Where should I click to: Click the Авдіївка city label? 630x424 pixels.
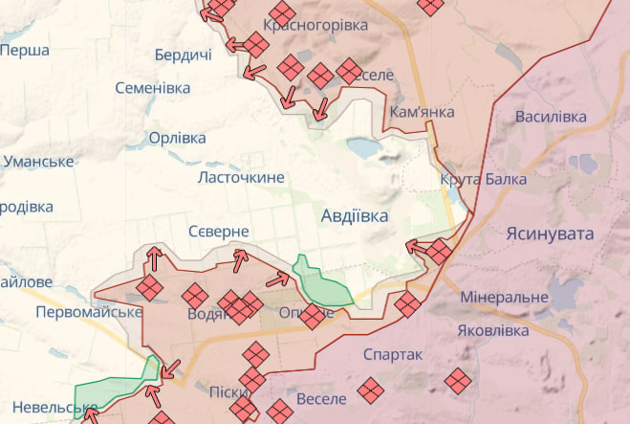tap(355, 216)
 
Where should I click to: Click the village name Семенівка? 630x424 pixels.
tap(152, 88)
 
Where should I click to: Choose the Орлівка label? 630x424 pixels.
tap(177, 138)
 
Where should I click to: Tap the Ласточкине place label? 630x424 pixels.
tap(240, 178)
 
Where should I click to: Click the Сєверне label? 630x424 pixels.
tap(218, 232)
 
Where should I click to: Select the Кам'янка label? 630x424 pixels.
tap(423, 112)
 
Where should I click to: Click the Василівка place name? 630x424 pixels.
tap(551, 117)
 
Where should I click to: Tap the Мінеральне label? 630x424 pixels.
tap(504, 298)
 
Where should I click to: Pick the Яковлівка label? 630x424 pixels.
tap(493, 331)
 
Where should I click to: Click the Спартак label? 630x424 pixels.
tap(393, 354)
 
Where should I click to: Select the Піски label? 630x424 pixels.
tap(228, 391)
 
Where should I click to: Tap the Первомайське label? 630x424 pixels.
tap(88, 312)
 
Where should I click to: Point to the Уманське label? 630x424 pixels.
tap(38, 161)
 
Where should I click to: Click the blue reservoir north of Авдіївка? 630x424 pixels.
tap(363, 147)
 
